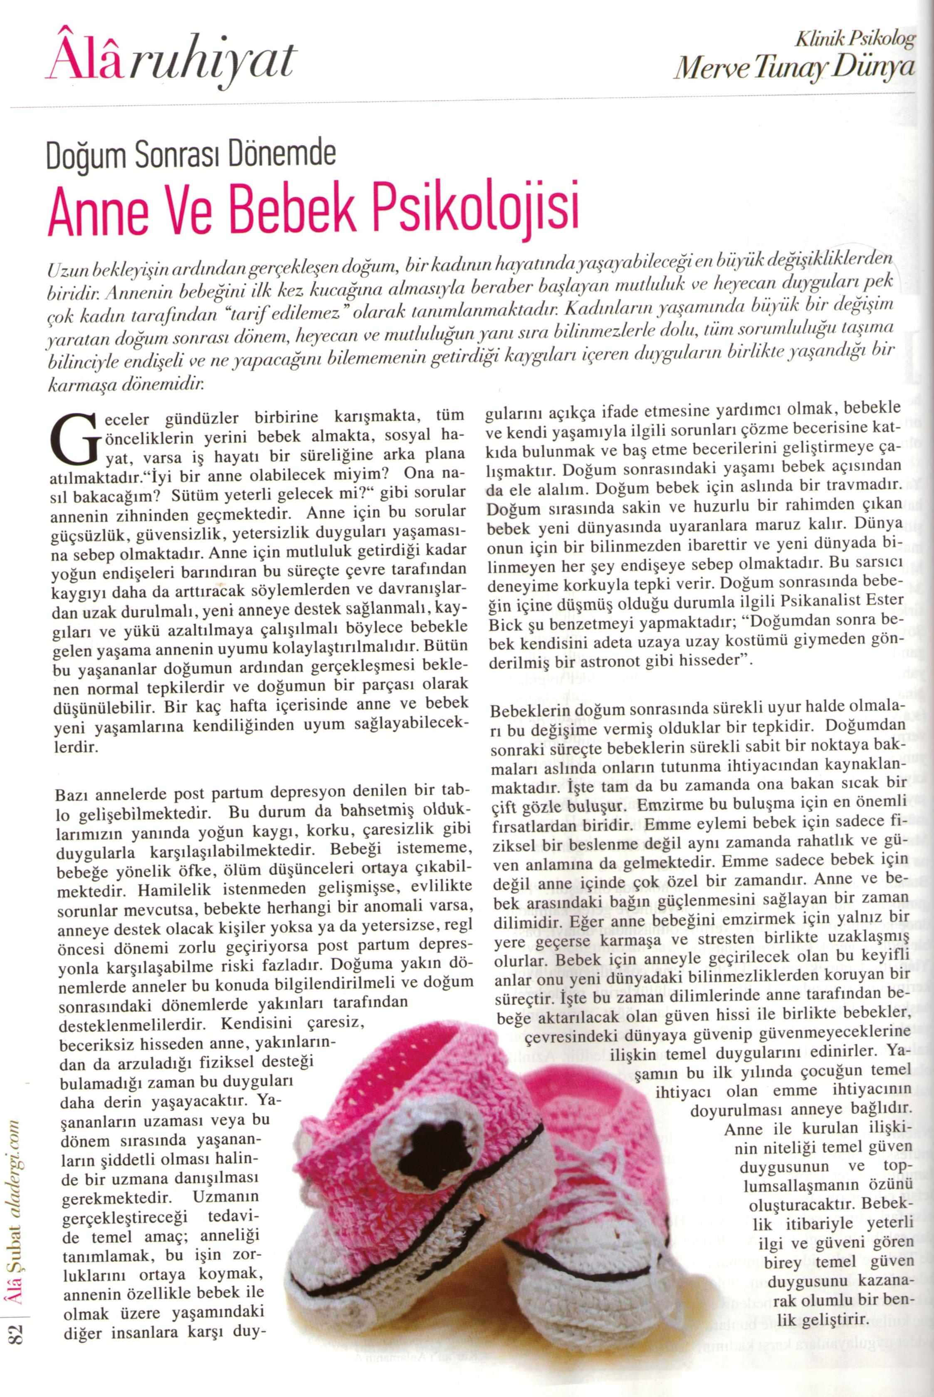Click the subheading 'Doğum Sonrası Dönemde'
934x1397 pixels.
pyautogui.click(x=191, y=156)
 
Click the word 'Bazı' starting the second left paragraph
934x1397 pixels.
pyautogui.click(x=72, y=794)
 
